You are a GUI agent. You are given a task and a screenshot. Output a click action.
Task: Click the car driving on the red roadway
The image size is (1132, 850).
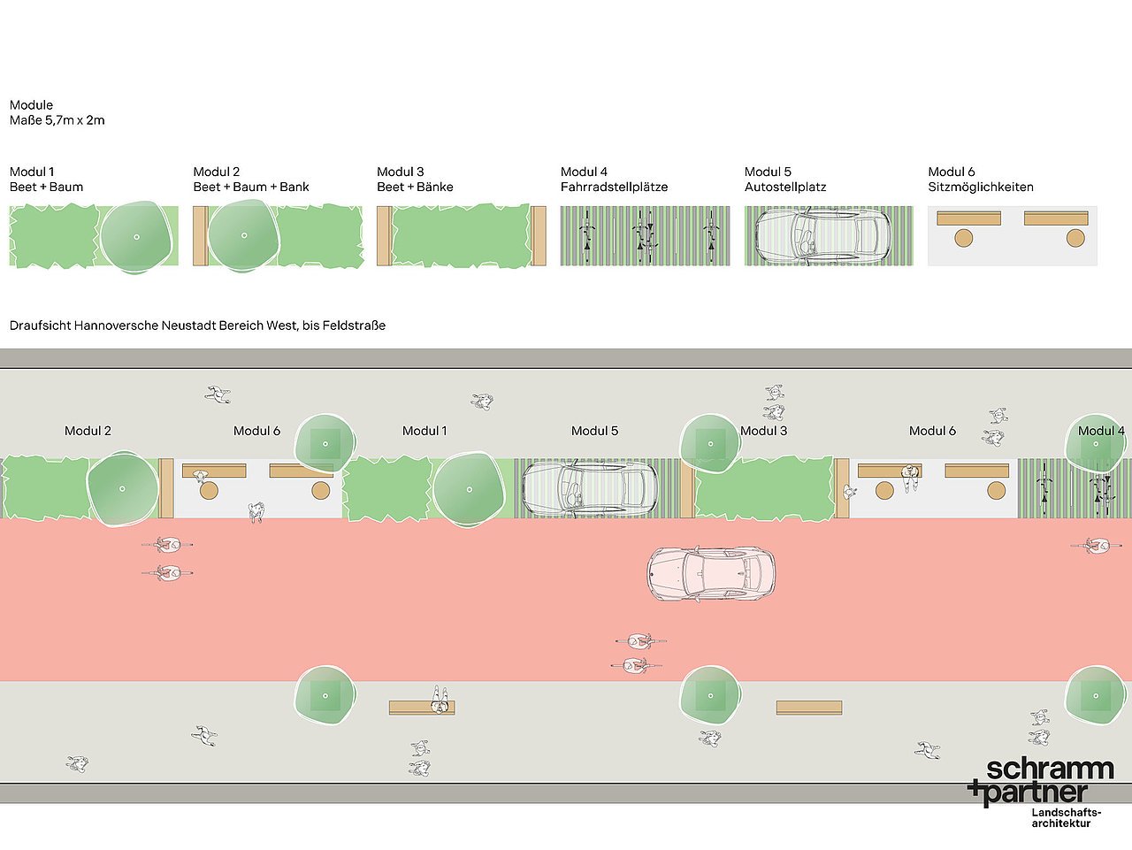[x=711, y=574]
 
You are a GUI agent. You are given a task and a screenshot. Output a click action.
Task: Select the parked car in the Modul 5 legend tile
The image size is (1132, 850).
[x=823, y=235]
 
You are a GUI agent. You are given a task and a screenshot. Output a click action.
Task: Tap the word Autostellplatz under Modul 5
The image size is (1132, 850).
[x=785, y=187]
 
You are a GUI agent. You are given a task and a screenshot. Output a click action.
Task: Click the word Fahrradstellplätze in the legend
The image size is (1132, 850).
[x=614, y=187]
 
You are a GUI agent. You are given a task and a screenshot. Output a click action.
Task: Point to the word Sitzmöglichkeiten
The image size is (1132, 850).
[x=981, y=187]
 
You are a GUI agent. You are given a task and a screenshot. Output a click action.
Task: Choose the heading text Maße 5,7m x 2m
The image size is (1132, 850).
[x=57, y=120]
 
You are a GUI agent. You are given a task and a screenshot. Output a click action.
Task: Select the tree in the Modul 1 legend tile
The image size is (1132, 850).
[x=136, y=237]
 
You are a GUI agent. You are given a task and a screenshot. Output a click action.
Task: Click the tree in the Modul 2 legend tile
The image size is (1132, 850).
[x=243, y=235]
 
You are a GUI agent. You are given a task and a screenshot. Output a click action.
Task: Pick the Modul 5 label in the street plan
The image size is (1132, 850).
[x=594, y=431]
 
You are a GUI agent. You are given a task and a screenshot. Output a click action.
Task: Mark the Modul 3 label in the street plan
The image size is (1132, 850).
[x=763, y=431]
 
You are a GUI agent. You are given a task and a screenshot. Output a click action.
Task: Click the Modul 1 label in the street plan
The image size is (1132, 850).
[x=424, y=431]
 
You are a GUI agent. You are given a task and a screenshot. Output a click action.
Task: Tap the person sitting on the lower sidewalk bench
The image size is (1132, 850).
[x=440, y=700]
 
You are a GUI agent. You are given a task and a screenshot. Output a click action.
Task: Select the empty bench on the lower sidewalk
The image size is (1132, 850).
[x=809, y=708]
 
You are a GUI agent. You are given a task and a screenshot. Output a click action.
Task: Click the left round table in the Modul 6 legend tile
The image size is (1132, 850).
[x=963, y=238]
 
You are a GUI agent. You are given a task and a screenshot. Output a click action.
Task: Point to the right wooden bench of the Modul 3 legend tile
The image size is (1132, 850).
[x=539, y=236]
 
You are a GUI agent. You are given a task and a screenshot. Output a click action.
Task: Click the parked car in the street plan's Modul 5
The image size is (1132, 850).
[x=591, y=488]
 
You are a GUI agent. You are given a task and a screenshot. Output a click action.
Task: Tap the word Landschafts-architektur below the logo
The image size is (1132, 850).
[x=1066, y=818]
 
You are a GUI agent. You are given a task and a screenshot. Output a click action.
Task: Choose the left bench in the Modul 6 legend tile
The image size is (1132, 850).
[x=968, y=218]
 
